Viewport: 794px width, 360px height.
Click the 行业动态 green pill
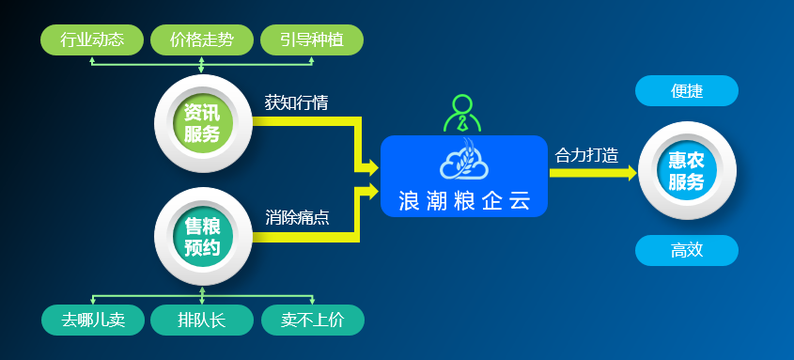[x=92, y=39]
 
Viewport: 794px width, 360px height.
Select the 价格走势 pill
[x=202, y=39]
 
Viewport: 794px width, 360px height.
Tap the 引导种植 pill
[x=312, y=39]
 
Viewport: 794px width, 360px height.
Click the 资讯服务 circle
[x=201, y=123]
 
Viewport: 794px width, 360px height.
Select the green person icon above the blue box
[x=462, y=114]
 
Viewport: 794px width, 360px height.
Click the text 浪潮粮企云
[x=464, y=199]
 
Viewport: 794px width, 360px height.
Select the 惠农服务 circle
[x=686, y=171]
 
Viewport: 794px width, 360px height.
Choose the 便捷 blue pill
[x=687, y=91]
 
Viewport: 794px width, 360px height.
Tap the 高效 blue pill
[x=687, y=250]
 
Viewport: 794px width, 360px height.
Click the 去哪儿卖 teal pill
[x=92, y=320]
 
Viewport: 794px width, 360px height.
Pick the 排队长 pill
[x=202, y=320]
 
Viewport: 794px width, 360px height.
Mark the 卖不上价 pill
[x=312, y=320]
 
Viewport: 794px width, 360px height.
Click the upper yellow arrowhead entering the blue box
[x=369, y=168]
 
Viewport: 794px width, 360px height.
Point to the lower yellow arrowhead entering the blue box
[x=369, y=191]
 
